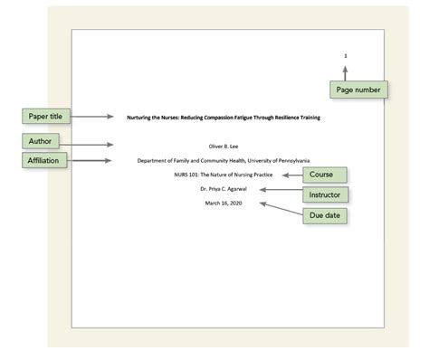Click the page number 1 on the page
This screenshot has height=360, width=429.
345,56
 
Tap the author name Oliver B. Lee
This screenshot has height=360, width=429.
224,146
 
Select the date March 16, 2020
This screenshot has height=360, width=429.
224,203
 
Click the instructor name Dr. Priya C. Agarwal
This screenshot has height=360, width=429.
224,188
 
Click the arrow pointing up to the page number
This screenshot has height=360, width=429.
345,72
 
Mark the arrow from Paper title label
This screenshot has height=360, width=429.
94,117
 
